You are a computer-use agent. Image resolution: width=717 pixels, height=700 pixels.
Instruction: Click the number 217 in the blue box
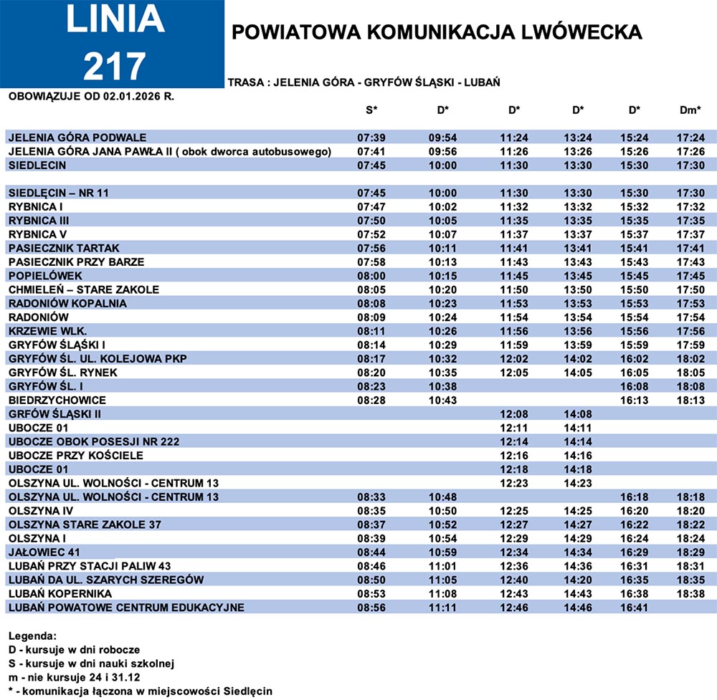pyautogui.click(x=115, y=66)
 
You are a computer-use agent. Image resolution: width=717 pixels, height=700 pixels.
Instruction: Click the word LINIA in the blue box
pyautogui.click(x=115, y=21)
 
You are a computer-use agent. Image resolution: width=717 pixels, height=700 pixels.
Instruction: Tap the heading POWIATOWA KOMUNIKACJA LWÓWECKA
pyautogui.click(x=437, y=32)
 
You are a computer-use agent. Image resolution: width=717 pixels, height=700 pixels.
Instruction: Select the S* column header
pyautogui.click(x=371, y=110)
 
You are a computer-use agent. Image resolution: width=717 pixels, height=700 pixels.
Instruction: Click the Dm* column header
pyautogui.click(x=690, y=110)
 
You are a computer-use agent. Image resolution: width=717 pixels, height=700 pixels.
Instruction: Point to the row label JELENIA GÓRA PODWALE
pyautogui.click(x=77, y=138)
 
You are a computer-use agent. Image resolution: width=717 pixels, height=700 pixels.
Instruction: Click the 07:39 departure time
pyautogui.click(x=371, y=138)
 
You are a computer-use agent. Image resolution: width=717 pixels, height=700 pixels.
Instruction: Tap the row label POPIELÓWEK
pyautogui.click(x=45, y=276)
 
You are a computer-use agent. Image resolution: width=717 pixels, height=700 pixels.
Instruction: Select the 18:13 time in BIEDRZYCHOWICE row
pyautogui.click(x=690, y=400)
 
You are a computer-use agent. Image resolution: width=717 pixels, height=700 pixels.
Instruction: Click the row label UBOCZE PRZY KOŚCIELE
pyautogui.click(x=76, y=456)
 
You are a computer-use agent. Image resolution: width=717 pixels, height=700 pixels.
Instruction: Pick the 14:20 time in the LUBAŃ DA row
pyautogui.click(x=578, y=580)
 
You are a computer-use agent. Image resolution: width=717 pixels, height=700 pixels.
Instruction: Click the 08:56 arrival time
pyautogui.click(x=371, y=608)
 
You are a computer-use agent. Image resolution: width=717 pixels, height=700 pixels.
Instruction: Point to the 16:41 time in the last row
pyautogui.click(x=635, y=608)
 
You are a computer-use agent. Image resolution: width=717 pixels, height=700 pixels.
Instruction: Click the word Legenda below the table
pyautogui.click(x=32, y=636)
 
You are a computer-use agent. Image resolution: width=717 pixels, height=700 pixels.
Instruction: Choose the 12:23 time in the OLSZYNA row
pyautogui.click(x=514, y=483)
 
